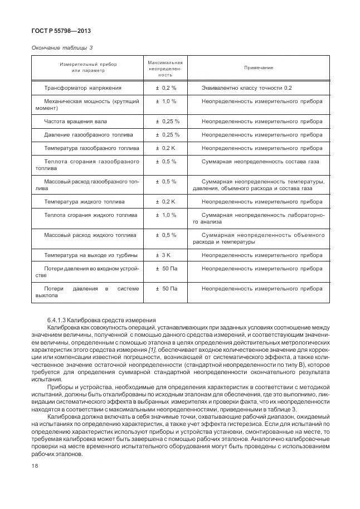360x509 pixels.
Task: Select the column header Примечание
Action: click(259, 67)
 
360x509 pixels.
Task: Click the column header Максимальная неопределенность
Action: click(165, 67)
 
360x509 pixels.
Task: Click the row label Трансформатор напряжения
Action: click(82, 88)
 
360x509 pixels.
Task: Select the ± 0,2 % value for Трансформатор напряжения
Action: click(166, 88)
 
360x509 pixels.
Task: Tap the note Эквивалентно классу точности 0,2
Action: click(246, 88)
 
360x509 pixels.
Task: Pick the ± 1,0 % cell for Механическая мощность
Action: click(166, 101)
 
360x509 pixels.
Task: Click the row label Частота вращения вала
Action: click(76, 121)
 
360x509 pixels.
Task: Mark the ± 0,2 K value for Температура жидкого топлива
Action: click(165, 201)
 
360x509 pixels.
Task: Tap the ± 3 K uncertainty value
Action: click(166, 255)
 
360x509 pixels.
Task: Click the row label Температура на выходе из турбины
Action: click(92, 255)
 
